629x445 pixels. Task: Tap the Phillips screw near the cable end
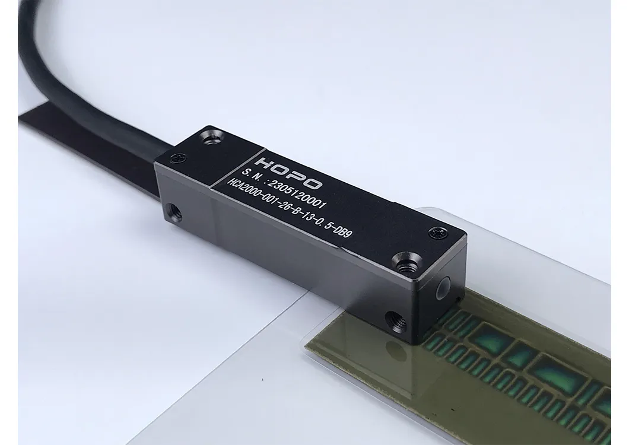pyautogui.click(x=178, y=158)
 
